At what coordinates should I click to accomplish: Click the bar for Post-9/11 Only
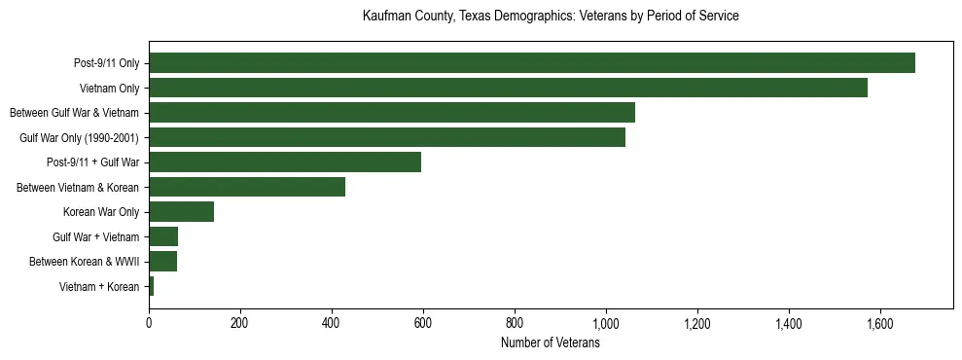pyautogui.click(x=531, y=63)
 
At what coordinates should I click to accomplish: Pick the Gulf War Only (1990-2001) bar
pyautogui.click(x=386, y=137)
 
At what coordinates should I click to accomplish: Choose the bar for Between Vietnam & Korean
pyautogui.click(x=246, y=187)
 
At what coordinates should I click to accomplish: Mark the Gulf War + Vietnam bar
pyautogui.click(x=163, y=236)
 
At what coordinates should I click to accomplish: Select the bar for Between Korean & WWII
pyautogui.click(x=162, y=262)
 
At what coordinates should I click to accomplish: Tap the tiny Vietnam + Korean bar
pyautogui.click(x=151, y=286)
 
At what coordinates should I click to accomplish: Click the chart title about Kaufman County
pyautogui.click(x=551, y=17)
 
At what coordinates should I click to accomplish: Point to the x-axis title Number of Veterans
pyautogui.click(x=550, y=343)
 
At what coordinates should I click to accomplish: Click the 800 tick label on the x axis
pyautogui.click(x=515, y=323)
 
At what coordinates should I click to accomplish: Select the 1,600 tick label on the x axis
pyautogui.click(x=879, y=323)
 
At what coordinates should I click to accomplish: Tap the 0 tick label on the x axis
pyautogui.click(x=149, y=323)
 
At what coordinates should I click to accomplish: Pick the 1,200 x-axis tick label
pyautogui.click(x=697, y=323)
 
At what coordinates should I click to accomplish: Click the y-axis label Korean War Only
pyautogui.click(x=101, y=212)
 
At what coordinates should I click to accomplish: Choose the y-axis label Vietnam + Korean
pyautogui.click(x=99, y=286)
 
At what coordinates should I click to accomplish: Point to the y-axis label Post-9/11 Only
pyautogui.click(x=106, y=63)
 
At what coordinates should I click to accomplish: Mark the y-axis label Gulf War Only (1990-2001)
pyautogui.click(x=80, y=137)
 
